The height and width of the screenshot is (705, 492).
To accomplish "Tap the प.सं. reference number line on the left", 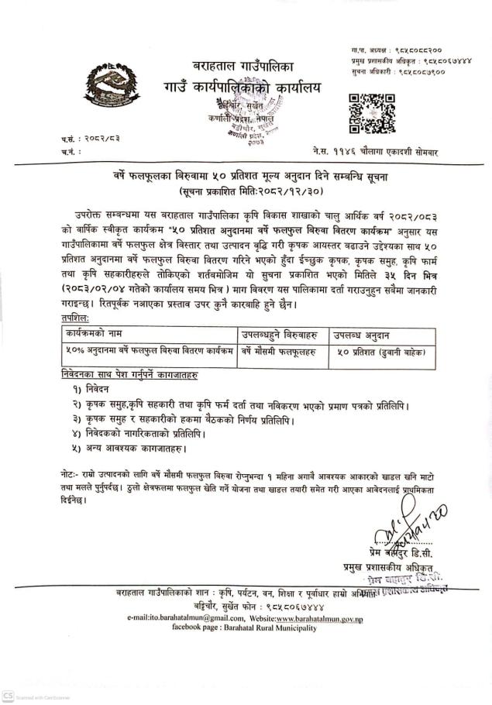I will [x=91, y=139].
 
